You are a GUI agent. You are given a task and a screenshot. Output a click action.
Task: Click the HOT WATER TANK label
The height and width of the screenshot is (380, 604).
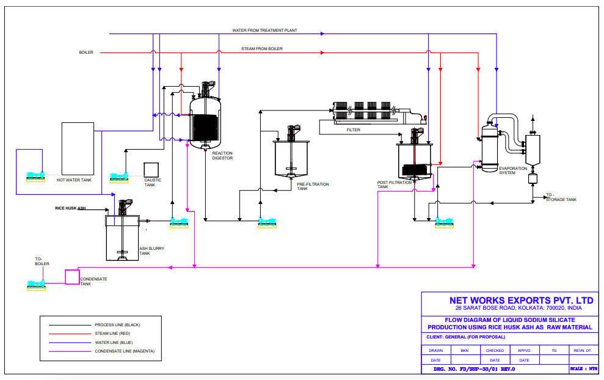coord(74,180)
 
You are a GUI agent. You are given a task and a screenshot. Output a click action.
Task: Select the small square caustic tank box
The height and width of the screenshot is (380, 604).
coord(151,169)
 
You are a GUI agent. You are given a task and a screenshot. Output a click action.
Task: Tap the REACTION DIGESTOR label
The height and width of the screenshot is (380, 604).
coord(222,155)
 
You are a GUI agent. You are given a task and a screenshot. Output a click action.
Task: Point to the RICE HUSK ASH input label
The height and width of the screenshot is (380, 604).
coord(70,208)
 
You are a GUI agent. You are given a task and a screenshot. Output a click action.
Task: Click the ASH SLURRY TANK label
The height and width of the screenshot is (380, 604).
coord(151,250)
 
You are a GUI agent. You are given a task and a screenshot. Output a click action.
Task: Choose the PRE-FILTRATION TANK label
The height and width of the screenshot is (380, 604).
coord(313,186)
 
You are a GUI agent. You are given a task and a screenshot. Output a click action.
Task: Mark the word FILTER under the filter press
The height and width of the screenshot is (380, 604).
coord(353,130)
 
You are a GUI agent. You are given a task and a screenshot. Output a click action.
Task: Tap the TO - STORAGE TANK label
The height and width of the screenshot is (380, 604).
coord(560,197)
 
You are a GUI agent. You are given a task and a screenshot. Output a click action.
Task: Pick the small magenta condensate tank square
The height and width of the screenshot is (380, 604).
coord(72,276)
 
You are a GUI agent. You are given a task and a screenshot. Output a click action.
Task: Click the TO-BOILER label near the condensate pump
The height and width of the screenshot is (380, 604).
coord(42,261)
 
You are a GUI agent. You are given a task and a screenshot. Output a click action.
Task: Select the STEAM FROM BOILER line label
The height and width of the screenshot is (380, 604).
coord(262,49)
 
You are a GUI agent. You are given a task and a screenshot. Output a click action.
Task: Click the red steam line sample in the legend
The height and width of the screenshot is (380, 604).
coord(65,334)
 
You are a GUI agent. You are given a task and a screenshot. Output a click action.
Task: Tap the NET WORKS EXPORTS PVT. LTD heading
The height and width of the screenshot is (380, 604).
coord(521,301)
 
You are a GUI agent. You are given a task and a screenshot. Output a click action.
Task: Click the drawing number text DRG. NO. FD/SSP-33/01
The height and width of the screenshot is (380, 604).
coord(474,369)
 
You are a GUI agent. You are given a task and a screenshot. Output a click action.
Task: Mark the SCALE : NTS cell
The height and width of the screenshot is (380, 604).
coord(584,369)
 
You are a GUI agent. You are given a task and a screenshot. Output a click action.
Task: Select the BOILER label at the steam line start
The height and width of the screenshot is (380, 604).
coord(86,53)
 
